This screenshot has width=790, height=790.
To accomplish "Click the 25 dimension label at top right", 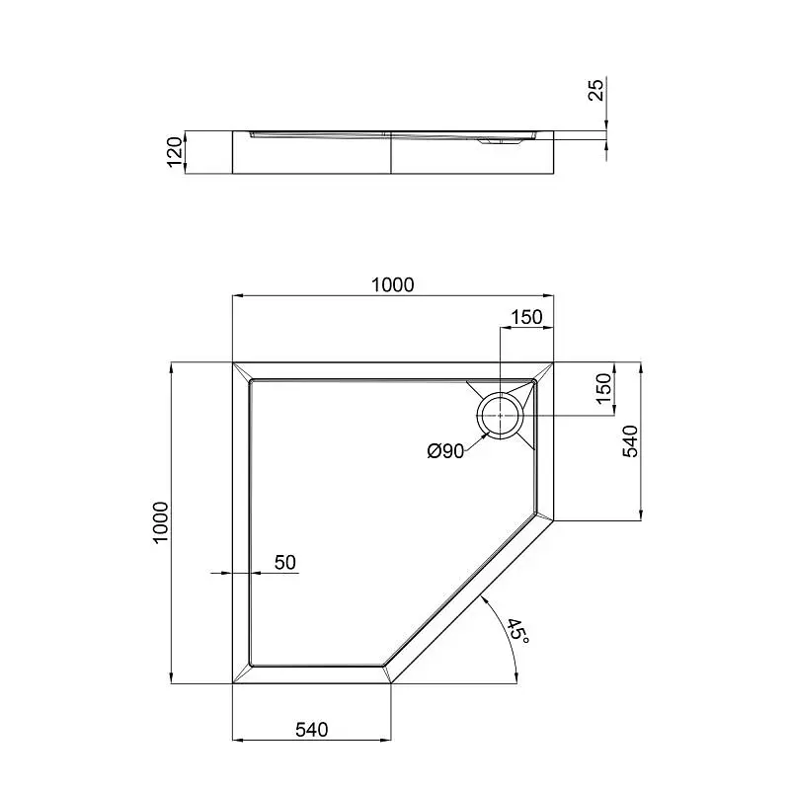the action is pos(595,90).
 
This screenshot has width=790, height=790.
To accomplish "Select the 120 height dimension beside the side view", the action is pos(175,152).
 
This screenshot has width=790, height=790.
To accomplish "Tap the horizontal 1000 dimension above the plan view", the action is pos(392,285).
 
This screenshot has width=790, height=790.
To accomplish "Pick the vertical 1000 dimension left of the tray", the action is pos(160,522).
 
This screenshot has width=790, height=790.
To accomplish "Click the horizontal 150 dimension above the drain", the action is pos(526,317).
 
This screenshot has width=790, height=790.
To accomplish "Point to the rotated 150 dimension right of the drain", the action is pos(603,388).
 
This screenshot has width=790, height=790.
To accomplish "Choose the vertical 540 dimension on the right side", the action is pos(630,441).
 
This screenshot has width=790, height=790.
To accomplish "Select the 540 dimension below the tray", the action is pos(311,730).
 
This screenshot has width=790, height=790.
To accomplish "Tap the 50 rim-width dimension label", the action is pos(285,562).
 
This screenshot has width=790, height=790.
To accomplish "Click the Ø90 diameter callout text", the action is pos(445,451).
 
